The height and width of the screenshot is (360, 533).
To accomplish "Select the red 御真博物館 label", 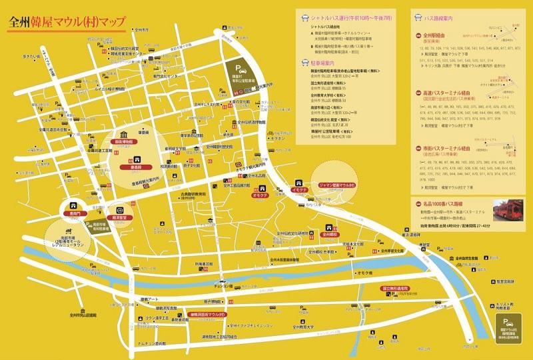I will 125,142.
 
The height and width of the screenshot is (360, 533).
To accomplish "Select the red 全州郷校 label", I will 330,235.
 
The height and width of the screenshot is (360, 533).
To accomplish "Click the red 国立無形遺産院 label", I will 396,288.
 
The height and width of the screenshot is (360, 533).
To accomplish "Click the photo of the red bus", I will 510,211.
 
